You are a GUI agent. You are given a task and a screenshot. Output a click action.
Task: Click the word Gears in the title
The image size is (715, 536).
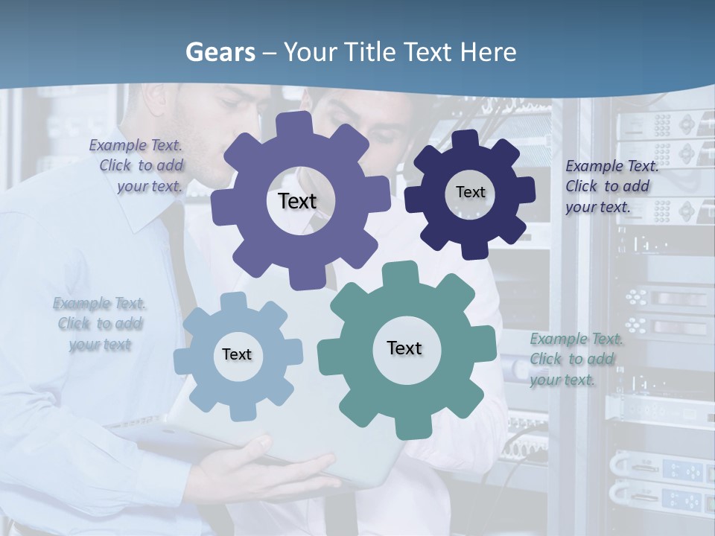220,52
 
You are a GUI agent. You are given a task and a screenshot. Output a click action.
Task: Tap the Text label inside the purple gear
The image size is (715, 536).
297,201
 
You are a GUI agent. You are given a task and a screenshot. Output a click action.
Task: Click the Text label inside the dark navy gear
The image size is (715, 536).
470,192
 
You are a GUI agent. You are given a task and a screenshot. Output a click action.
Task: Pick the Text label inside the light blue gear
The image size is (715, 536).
236,354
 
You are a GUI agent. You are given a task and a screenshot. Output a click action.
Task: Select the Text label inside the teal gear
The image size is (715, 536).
404,348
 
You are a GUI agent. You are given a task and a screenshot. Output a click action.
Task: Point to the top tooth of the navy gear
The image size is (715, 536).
465,138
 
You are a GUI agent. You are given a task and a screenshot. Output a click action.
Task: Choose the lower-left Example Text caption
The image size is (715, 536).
99,324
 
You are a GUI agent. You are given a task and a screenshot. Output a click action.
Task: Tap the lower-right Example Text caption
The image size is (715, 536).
575,359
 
